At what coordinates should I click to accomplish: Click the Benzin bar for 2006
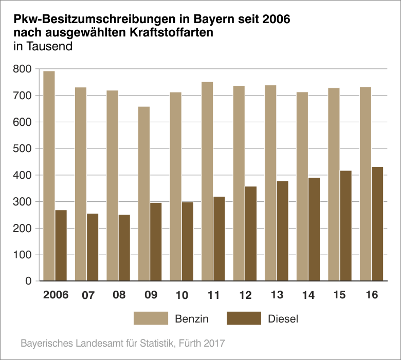49,176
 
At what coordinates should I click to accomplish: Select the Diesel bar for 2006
61,245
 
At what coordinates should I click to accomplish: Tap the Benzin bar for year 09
144,194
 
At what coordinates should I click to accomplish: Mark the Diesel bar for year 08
124,248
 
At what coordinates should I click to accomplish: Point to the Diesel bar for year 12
251,234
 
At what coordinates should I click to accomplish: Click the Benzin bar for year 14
302,186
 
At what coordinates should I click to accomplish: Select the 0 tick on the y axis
28,281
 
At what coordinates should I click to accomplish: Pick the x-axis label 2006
56,295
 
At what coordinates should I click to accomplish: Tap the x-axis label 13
277,295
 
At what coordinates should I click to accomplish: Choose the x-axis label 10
181,295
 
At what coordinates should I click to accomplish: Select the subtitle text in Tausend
42,46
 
